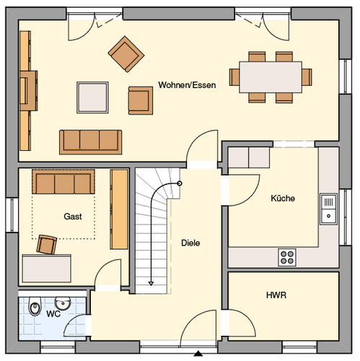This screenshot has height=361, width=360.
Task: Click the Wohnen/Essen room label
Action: click(187, 85)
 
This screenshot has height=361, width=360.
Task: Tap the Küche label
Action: click(283, 199)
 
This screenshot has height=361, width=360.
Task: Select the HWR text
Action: click(276, 295)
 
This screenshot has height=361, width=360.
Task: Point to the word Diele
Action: click(190, 243)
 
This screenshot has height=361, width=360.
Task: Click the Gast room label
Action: click(73, 217)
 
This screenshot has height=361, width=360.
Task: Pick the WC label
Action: click(53, 314)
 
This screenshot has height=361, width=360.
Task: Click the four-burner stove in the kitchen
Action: click(287, 257)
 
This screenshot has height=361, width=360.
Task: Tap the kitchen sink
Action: click(328, 209)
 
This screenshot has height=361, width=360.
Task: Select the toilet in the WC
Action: click(35, 306)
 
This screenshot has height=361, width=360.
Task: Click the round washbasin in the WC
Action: click(63, 303)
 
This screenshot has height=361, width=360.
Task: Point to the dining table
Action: click(271, 77)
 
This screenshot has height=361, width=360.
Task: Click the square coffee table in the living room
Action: click(92, 97)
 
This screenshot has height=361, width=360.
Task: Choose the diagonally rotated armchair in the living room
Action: click(126, 54)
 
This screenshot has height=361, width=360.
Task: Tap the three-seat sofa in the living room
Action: click(91, 142)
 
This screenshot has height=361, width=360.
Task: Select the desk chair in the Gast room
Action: click(47, 245)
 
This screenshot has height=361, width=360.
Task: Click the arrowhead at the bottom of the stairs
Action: click(151, 284)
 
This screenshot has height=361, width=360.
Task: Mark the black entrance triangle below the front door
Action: click(198, 354)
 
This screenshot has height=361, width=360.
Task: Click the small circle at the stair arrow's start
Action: click(180, 183)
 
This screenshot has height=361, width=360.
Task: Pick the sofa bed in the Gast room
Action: click(63, 182)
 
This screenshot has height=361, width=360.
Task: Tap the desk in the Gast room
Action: click(47, 269)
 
